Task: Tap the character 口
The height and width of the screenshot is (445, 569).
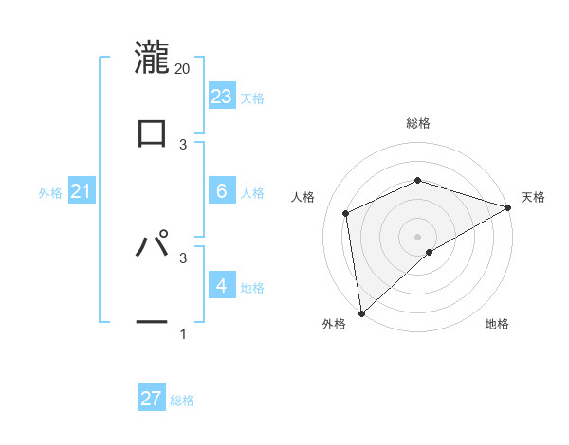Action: tap(152, 133)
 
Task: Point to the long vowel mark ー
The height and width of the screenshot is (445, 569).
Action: tap(152, 322)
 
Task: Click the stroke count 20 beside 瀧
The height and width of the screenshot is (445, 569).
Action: tap(183, 68)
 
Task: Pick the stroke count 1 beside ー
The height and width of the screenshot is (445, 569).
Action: tap(183, 333)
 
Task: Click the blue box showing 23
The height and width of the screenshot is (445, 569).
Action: tap(222, 96)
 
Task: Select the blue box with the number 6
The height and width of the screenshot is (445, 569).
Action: tap(222, 190)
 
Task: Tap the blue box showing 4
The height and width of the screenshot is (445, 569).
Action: tap(222, 285)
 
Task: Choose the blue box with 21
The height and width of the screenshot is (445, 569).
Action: tap(82, 192)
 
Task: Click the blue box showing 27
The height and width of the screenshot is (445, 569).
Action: tap(152, 399)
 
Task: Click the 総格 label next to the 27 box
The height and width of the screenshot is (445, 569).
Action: tap(183, 400)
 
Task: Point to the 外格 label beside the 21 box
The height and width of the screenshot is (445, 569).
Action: tap(50, 193)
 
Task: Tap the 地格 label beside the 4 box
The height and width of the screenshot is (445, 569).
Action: tap(252, 288)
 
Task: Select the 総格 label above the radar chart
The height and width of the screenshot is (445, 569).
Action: tap(418, 123)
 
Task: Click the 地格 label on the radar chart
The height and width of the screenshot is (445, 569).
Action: tap(497, 325)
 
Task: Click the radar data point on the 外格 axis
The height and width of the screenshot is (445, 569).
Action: tap(361, 313)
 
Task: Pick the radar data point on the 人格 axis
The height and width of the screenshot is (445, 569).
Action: tap(346, 213)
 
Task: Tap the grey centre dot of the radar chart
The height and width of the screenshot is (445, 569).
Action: tap(418, 236)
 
